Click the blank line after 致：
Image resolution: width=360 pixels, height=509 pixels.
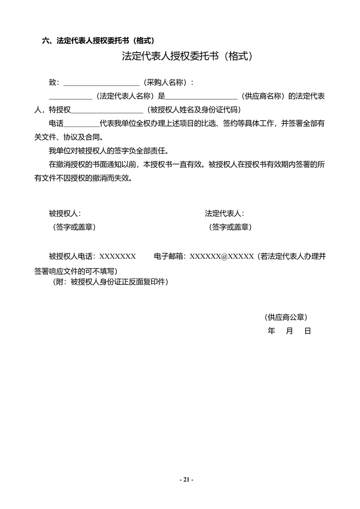tap(101, 83)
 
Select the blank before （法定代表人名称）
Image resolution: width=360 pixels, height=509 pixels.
tap(70, 97)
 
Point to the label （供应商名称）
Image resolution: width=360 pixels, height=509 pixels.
tap(264, 96)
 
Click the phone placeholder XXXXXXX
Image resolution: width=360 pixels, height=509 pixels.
tap(118, 257)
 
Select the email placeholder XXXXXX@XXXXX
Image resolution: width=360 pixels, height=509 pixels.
tap(222, 257)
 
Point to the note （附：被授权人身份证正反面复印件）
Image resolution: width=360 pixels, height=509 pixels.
tap(111, 282)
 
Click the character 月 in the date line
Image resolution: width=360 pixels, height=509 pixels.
tap(289, 331)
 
